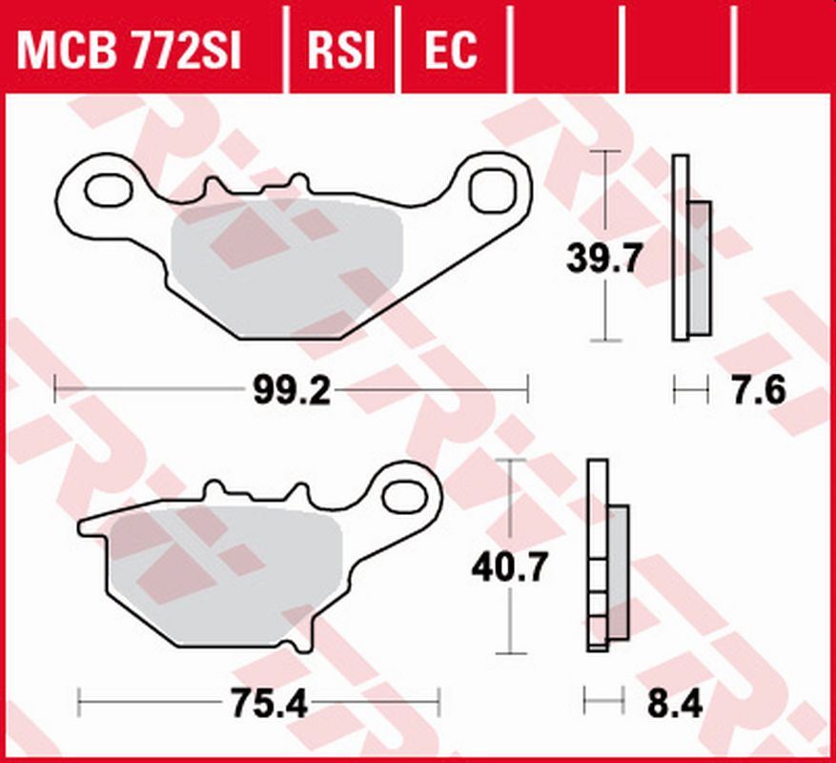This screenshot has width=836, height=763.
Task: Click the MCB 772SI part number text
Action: (130, 50)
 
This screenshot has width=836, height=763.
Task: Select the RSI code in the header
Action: (341, 50)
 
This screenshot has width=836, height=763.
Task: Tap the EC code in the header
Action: (450, 50)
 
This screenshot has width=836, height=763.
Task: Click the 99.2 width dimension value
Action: (292, 390)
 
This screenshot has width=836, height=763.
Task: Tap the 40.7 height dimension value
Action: (510, 568)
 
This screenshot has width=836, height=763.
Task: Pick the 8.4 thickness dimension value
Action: (676, 705)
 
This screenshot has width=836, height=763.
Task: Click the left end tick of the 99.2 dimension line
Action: (56, 389)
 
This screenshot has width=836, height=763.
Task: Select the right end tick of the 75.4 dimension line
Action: (439, 704)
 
